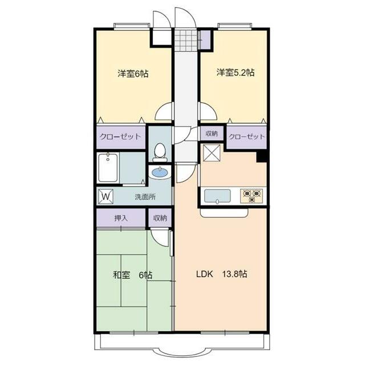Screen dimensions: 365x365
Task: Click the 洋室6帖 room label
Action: click(x=133, y=74)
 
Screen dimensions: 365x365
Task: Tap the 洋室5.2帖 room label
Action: click(x=236, y=72)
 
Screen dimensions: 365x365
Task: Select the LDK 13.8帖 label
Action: click(x=222, y=274)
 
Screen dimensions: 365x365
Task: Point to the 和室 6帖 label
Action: click(x=132, y=275)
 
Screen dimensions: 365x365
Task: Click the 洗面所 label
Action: click(x=145, y=197)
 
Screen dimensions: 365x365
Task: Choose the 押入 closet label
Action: click(x=121, y=218)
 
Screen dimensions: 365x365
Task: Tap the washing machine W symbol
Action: click(x=106, y=197)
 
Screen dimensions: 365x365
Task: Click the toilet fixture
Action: click(x=160, y=152)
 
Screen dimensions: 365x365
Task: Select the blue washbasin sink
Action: click(x=160, y=173)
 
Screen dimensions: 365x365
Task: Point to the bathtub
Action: click(x=108, y=168)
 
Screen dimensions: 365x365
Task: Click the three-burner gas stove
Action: click(x=252, y=196)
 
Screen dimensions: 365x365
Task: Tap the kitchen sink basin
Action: click(x=217, y=196)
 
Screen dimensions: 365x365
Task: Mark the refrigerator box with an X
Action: click(x=212, y=153)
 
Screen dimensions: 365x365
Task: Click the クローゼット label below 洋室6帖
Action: click(x=120, y=136)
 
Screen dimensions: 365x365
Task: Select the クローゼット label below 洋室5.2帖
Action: click(x=246, y=136)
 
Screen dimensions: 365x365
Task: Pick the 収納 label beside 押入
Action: click(x=160, y=218)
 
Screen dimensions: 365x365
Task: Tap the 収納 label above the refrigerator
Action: click(x=212, y=133)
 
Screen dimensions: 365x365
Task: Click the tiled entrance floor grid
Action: click(x=186, y=40)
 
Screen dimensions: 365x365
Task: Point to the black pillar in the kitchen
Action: click(x=262, y=156)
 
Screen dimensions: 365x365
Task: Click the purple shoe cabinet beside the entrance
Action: click(x=205, y=39)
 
